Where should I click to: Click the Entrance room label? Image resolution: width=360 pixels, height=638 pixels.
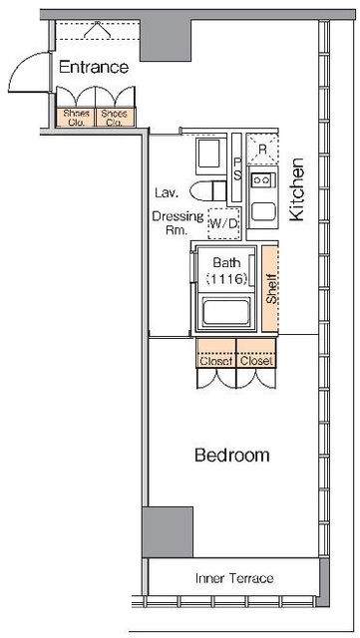pos(94,67)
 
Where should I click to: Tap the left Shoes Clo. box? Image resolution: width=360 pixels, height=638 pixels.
pos(76,118)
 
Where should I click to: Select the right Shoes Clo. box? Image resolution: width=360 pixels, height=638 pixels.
pos(115,118)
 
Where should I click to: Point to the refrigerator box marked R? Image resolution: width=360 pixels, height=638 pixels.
pos(262,149)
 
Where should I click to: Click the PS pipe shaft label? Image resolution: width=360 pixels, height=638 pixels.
pos(237,167)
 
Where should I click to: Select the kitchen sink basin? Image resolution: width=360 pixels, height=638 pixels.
pos(263,211)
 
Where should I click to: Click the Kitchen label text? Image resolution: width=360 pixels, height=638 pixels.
pos(297,189)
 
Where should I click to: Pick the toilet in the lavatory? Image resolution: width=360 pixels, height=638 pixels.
pos(207,190)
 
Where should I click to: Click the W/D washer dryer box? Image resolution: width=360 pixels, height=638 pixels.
pos(223,223)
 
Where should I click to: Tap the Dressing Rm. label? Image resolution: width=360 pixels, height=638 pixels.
pos(178,223)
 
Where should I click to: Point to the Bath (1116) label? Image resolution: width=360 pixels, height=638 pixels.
pos(226,270)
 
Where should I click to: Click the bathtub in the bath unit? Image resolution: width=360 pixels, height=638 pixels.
pos(226,312)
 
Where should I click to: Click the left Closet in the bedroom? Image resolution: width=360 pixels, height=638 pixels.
pos(215,353)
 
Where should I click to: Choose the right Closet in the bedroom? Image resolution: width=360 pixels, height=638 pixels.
pos(255,353)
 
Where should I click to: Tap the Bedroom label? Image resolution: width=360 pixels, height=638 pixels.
pos(232,455)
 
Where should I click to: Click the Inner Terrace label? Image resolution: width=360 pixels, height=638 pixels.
pos(234,578)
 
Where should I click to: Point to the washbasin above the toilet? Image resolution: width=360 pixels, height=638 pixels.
pos(211,157)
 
